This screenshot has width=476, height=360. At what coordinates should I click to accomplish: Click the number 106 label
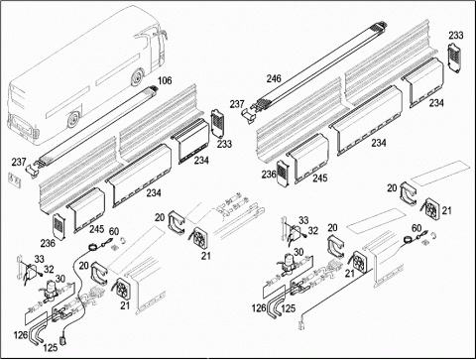165,80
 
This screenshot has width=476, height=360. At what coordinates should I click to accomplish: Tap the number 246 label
274,78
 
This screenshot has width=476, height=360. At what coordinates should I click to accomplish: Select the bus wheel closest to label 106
138,77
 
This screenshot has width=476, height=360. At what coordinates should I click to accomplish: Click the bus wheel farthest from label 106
73,119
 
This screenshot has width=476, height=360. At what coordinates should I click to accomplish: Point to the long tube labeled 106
96,125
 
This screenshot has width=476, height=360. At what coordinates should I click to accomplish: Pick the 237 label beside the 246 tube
237,104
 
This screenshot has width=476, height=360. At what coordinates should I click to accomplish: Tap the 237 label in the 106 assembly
19,162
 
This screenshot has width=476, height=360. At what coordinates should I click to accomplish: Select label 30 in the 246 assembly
298,252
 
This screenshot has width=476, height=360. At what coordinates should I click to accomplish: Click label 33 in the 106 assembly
39,259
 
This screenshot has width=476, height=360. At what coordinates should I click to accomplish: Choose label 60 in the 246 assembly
416,228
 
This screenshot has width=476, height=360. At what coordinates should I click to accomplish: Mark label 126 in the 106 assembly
21,335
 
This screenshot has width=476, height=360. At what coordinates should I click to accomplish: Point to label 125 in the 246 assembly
289,308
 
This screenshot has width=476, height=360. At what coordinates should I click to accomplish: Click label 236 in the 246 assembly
269,174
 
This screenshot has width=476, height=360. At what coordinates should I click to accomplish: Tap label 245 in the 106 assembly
97,229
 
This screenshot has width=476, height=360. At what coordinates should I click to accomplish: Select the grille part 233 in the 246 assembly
454,57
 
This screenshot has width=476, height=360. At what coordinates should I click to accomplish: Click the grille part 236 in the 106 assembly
59,226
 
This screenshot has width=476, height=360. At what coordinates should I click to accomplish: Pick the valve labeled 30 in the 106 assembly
51,290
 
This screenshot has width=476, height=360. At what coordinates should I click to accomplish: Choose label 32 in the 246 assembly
312,230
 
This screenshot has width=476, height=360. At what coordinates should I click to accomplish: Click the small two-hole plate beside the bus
15,180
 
